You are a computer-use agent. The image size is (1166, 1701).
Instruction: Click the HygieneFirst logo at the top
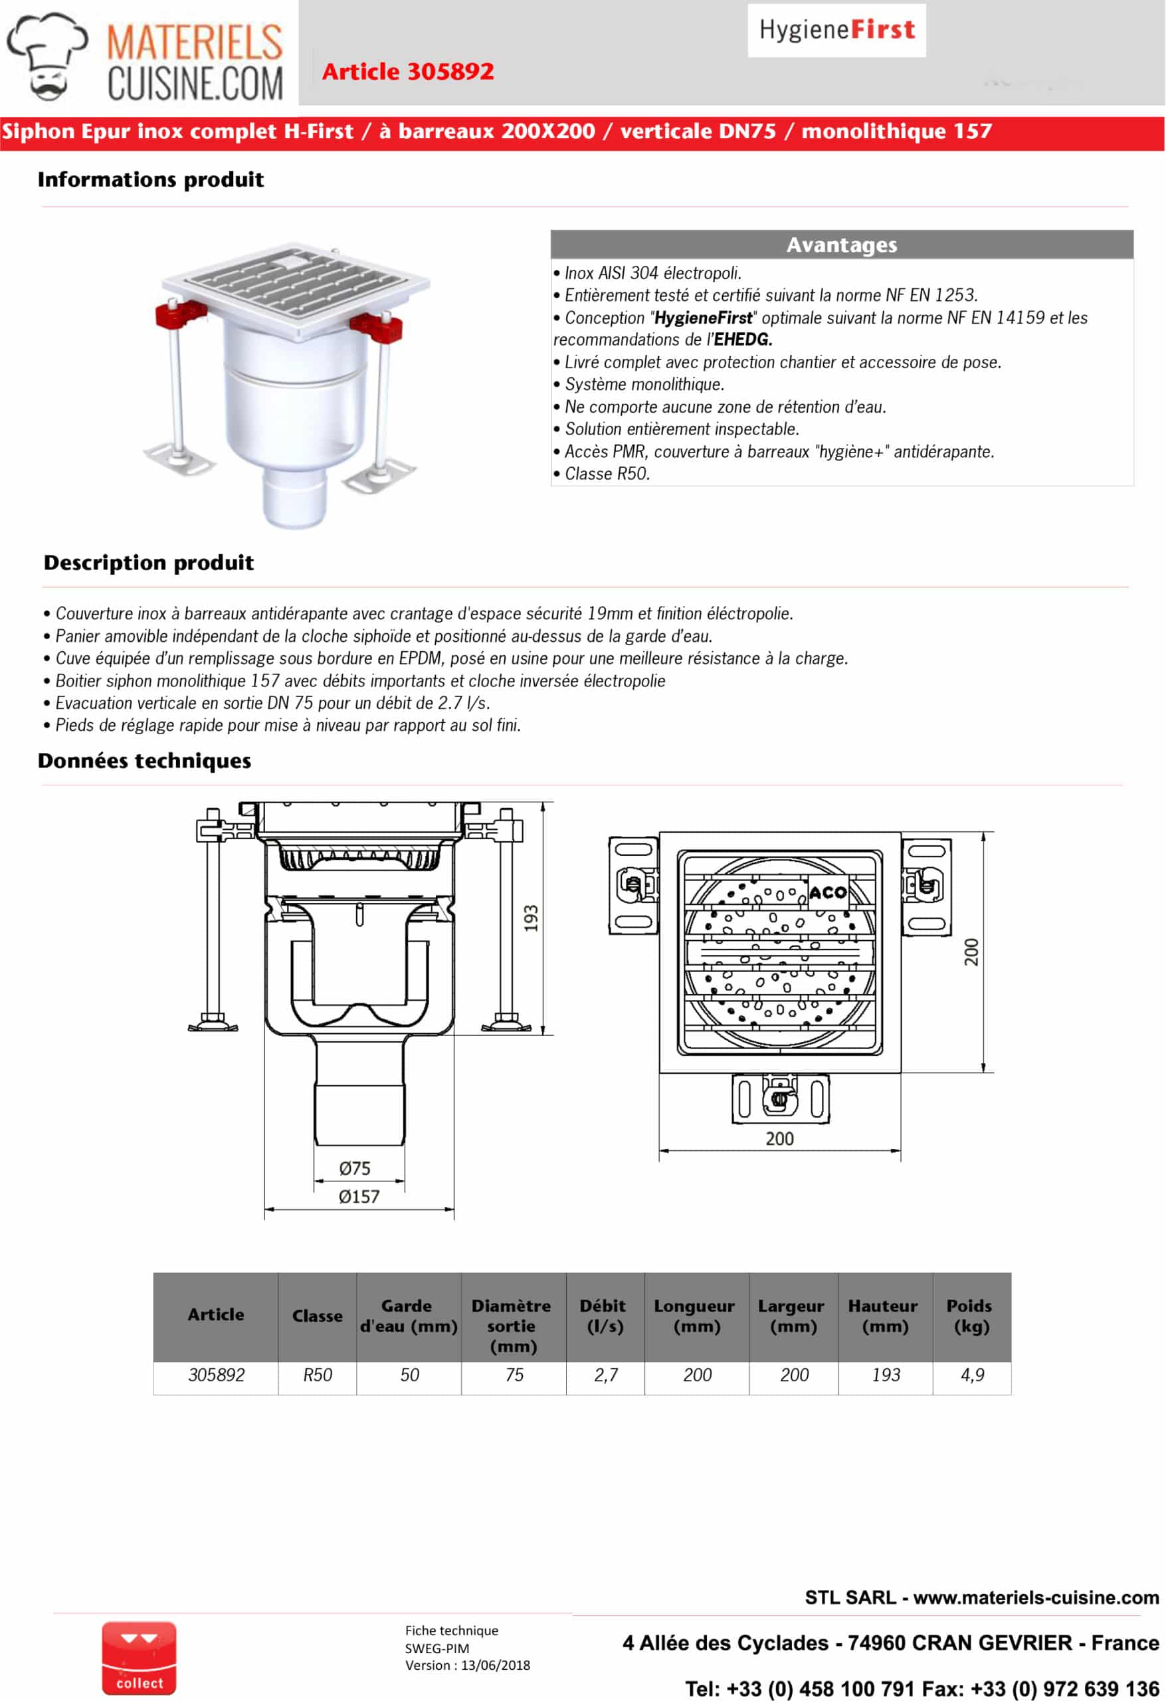coord(836,30)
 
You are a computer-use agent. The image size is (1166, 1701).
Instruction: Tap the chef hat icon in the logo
coord(47,54)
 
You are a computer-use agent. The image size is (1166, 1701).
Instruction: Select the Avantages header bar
coord(842,245)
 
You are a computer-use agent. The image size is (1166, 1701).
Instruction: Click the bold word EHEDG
coord(743,340)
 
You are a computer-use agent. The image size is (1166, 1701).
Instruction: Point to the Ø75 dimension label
coord(355,1168)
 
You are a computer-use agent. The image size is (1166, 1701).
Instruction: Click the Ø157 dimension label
coord(359,1197)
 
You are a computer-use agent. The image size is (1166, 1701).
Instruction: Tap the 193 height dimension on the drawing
coord(532,918)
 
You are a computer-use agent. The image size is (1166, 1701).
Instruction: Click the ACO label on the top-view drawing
coord(828,892)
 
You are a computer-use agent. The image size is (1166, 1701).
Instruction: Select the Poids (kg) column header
coord(970,1316)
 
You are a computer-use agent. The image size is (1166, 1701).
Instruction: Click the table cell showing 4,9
coord(972,1375)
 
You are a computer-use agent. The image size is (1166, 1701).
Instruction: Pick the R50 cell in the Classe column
coord(318,1375)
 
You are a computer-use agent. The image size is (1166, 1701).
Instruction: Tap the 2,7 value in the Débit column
coord(606,1375)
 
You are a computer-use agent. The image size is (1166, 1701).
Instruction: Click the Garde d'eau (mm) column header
coord(409,1316)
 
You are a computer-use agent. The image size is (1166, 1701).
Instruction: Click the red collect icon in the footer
coord(139,1658)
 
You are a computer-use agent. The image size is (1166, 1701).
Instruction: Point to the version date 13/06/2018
coord(495,1665)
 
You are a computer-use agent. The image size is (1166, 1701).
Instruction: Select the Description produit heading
coord(149,563)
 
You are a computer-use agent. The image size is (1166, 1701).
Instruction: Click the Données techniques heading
coord(144,761)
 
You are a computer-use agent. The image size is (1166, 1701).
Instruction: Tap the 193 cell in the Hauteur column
coord(886,1375)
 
